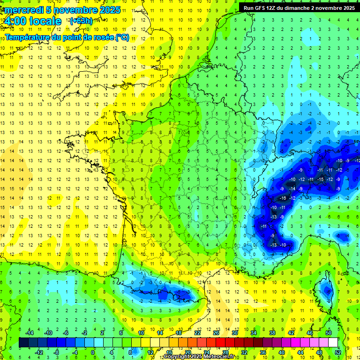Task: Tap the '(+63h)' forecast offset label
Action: pos(81,21)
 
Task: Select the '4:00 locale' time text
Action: pos(33,21)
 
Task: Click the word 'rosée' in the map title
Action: pos(97,37)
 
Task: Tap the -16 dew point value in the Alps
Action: pos(283,198)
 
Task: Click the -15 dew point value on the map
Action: pos(321,180)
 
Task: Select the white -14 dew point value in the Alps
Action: pos(292,188)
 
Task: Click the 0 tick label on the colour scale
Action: pos(93,352)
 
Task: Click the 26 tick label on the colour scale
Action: pos(216,333)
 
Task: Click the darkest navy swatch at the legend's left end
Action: pos(23,342)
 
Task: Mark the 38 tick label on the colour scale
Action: pos(272,333)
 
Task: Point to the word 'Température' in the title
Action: pos(28,37)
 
